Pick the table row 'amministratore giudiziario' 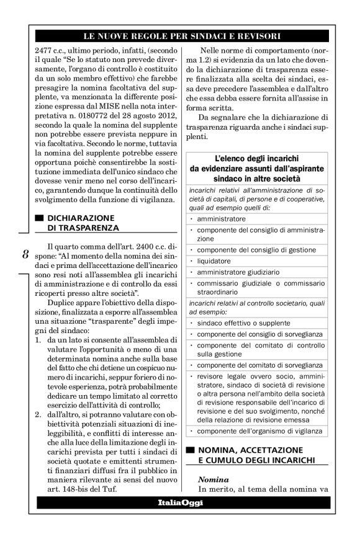pos(238,272)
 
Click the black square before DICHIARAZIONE pos(40,218)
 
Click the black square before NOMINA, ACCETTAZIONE pos(191,448)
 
